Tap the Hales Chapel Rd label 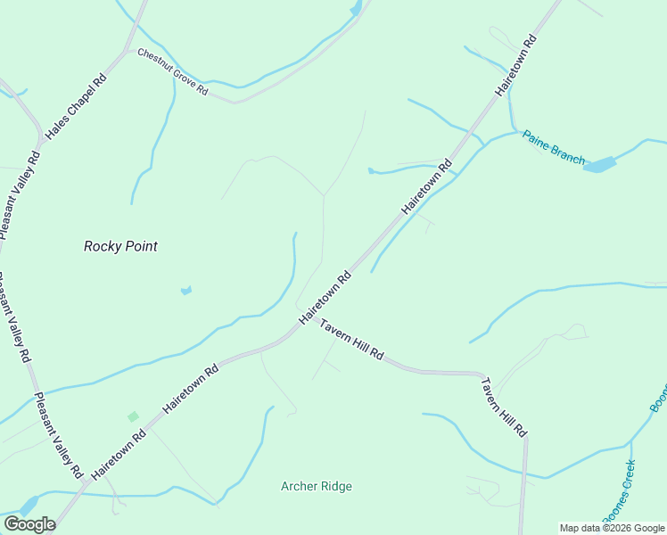77,104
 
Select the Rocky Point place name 120,246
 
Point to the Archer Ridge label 317,486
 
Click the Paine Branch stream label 553,148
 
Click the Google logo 29,524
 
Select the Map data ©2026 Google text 613,528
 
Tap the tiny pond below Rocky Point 185,290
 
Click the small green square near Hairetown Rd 133,416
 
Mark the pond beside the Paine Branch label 601,165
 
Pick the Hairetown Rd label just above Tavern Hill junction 325,298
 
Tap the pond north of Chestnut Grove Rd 357,9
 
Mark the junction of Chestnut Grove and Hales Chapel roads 135,51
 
